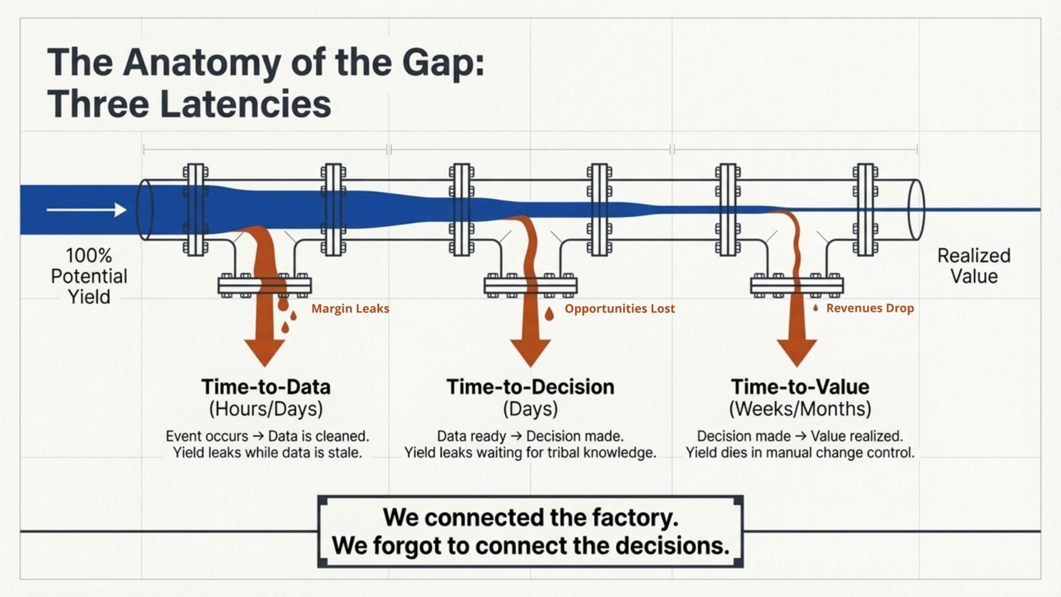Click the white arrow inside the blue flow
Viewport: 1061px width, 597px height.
point(87,210)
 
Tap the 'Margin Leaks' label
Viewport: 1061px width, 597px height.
point(350,308)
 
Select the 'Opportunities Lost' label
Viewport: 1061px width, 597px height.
point(620,308)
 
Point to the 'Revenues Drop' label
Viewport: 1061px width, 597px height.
point(870,308)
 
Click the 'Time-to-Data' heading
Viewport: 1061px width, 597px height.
point(266,387)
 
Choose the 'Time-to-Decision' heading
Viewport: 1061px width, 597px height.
point(530,387)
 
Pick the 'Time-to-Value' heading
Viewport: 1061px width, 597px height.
point(800,387)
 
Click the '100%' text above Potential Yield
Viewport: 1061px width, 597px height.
point(89,256)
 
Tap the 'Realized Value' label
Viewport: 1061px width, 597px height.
point(974,266)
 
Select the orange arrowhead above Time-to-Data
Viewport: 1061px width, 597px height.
point(265,352)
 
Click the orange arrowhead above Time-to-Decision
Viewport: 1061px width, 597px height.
point(530,352)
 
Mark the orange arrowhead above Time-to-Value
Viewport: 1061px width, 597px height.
point(796,352)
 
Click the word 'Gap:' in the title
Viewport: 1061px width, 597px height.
point(444,63)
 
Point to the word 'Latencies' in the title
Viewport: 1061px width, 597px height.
point(245,104)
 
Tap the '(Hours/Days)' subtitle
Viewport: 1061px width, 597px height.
point(266,409)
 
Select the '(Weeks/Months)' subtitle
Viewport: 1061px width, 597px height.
point(800,409)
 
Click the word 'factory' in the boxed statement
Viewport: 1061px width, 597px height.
point(635,517)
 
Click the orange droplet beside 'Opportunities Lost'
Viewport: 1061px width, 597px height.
point(549,314)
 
